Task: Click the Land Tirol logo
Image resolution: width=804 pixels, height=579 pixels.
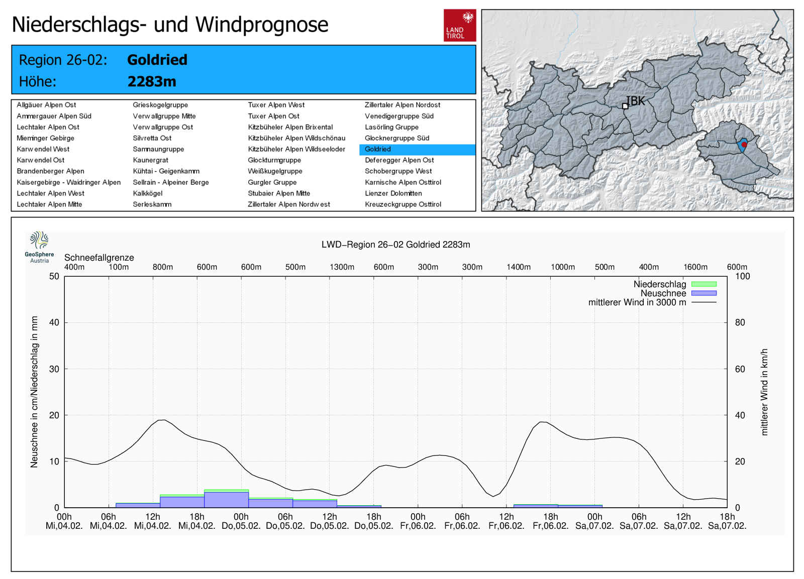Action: point(459,25)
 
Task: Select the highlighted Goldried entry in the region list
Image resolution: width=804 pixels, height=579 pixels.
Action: point(378,149)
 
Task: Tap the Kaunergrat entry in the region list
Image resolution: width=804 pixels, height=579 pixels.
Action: point(150,160)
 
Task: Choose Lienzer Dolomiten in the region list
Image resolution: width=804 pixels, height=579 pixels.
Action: point(393,193)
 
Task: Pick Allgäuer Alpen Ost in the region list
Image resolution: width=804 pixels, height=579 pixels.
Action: point(46,105)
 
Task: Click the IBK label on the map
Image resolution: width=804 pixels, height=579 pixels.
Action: point(635,101)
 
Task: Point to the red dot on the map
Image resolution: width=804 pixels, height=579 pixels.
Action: point(744,145)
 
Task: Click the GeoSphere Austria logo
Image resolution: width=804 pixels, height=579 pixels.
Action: point(39,247)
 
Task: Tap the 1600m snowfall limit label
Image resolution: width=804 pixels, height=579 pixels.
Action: point(695,267)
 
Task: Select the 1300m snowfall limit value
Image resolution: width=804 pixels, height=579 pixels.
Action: point(342,267)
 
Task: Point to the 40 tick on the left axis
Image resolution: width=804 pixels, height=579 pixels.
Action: point(54,322)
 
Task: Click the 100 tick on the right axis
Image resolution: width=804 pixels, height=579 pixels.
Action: point(742,276)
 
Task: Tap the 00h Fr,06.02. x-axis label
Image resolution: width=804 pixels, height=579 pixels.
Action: point(418,521)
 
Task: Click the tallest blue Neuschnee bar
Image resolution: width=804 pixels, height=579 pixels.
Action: point(226,500)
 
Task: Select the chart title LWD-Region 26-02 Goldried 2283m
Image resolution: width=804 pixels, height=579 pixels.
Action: point(395,245)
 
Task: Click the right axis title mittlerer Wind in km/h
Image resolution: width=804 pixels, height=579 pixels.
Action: point(764,392)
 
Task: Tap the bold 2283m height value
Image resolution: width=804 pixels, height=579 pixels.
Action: point(152,81)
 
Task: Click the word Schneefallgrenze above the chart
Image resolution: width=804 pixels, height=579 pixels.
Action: point(99,258)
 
